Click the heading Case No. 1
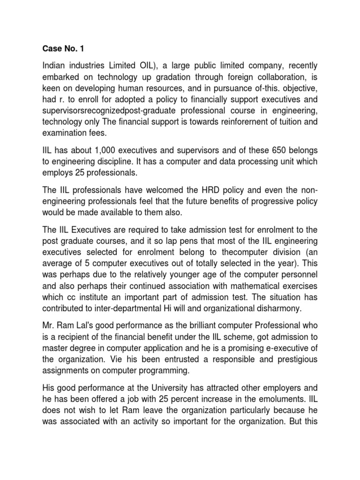60,47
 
